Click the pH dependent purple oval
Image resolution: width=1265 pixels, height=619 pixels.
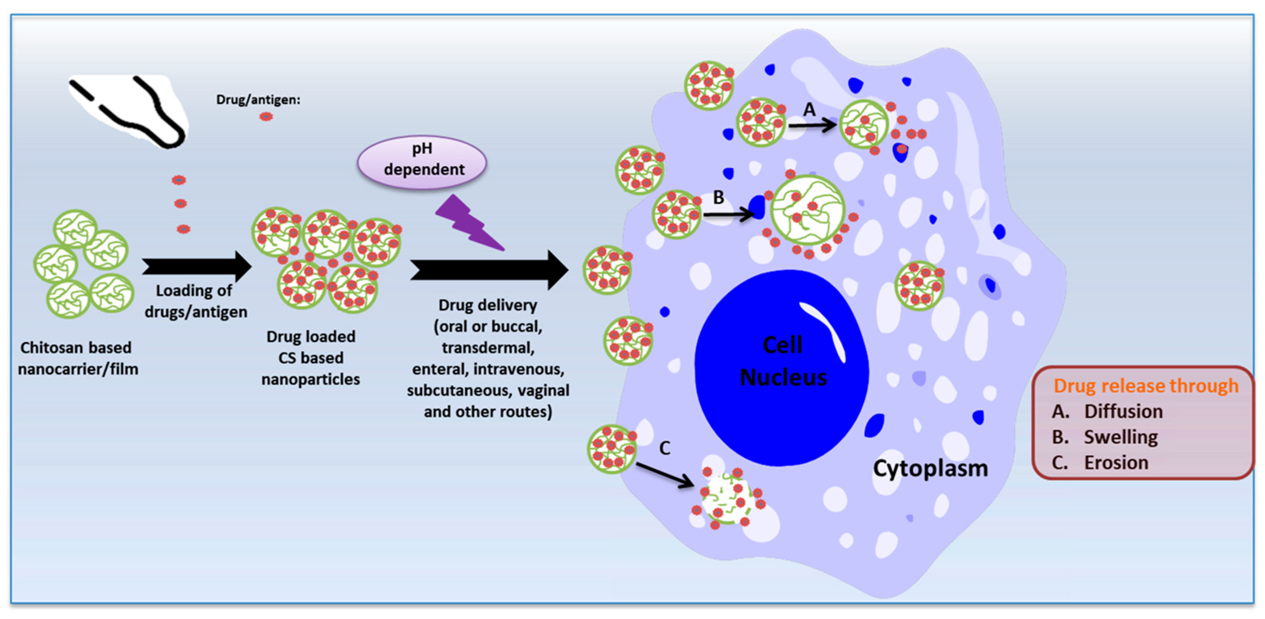click(422, 162)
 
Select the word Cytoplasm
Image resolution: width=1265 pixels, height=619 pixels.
click(929, 468)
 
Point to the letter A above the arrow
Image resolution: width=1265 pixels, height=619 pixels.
click(809, 109)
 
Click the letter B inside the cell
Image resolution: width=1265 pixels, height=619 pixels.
click(718, 198)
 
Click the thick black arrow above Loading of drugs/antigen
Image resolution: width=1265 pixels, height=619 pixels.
click(196, 267)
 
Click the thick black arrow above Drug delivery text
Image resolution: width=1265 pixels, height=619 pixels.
click(489, 270)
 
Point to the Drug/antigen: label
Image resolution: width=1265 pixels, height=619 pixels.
click(258, 100)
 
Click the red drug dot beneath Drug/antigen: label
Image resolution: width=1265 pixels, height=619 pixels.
click(266, 117)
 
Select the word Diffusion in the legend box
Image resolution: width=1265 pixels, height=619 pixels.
click(1123, 412)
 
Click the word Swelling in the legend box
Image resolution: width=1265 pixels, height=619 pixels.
click(1121, 437)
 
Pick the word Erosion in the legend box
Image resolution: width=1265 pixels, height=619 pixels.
click(1116, 462)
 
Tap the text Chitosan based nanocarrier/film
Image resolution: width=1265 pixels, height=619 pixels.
click(78, 358)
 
